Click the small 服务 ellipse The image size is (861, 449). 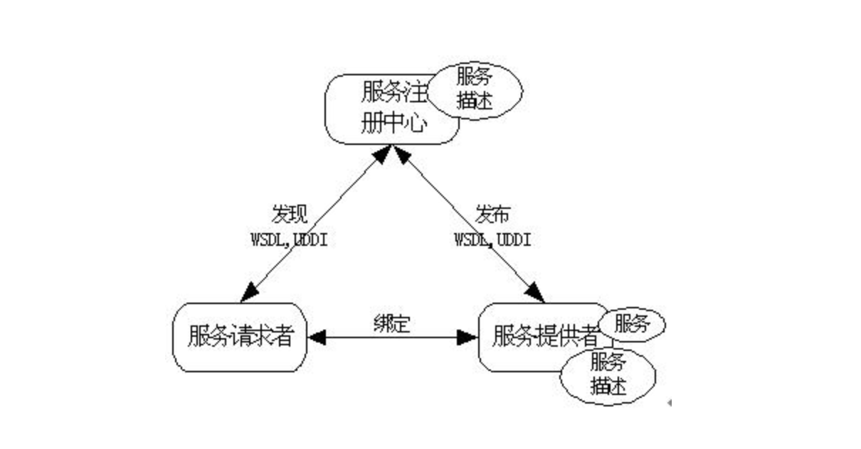632,325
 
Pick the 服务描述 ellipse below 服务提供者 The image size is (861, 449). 608,374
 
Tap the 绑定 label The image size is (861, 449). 391,321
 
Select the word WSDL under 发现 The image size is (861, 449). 268,239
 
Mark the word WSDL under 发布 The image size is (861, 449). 472,239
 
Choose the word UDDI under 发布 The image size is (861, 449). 514,239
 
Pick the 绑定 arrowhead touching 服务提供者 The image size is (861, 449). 466,337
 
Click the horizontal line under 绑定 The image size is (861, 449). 391,337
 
